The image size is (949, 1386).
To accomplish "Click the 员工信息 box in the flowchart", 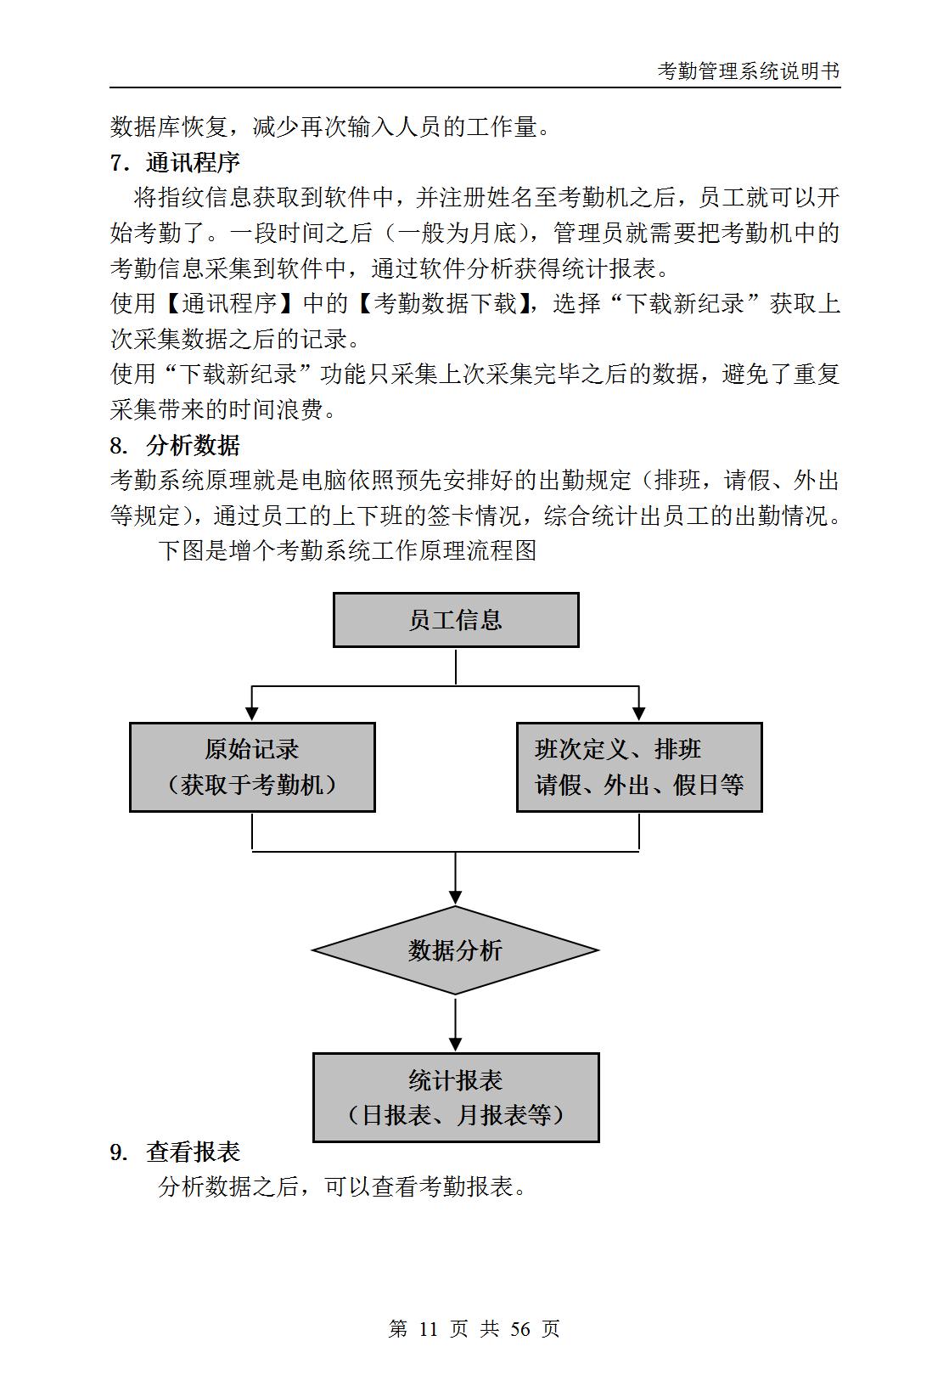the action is (456, 620).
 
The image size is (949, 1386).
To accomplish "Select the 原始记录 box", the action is (252, 767).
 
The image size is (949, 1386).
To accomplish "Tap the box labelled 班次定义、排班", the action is (639, 767).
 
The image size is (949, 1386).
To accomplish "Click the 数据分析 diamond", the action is (456, 950).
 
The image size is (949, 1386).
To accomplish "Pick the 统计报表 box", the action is (456, 1097).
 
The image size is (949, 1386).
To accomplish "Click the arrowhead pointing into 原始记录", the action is (252, 714).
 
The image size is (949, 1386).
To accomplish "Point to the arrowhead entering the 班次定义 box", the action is (639, 714).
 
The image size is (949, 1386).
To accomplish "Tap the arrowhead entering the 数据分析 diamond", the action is (456, 898).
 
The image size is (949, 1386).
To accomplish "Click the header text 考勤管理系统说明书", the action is (748, 71).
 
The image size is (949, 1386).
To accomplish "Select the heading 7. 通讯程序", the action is (175, 163).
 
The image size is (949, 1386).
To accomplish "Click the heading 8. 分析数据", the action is (175, 445).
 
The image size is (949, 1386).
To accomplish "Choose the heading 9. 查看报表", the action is (175, 1152).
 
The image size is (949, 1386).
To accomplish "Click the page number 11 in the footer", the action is (428, 1328).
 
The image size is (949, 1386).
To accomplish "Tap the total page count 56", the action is (520, 1328).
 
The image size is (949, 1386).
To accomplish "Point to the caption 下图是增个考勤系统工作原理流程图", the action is (347, 550).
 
